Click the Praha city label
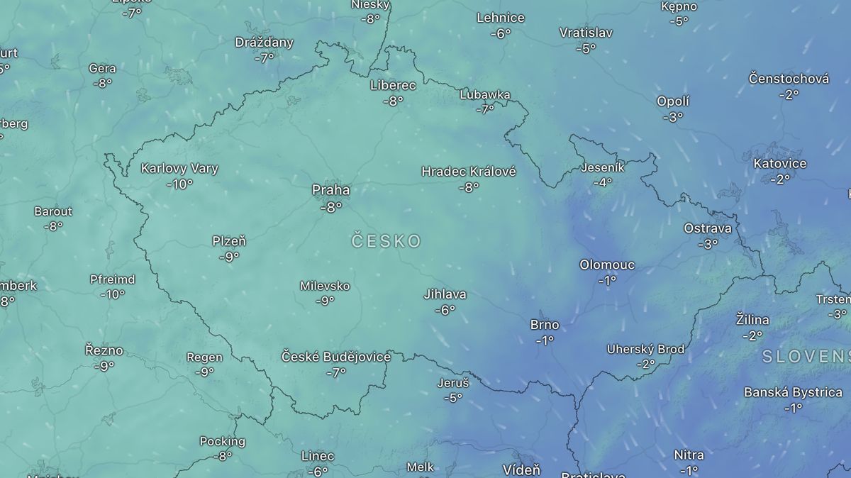click(x=330, y=190)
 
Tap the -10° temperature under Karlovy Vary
click(x=179, y=184)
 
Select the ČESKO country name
click(x=386, y=241)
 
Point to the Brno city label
click(x=545, y=325)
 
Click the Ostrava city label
click(x=707, y=228)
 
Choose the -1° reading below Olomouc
click(x=607, y=280)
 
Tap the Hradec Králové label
click(x=469, y=172)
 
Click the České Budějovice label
click(x=336, y=357)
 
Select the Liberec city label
click(x=393, y=85)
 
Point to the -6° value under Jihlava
click(x=445, y=309)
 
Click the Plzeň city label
click(x=229, y=241)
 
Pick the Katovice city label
click(x=779, y=163)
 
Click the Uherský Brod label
click(x=645, y=349)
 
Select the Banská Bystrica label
click(x=793, y=392)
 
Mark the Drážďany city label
click(x=264, y=43)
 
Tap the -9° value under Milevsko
click(x=325, y=301)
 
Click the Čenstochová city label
click(x=789, y=79)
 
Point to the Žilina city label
click(x=752, y=320)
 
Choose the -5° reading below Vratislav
click(x=586, y=48)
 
